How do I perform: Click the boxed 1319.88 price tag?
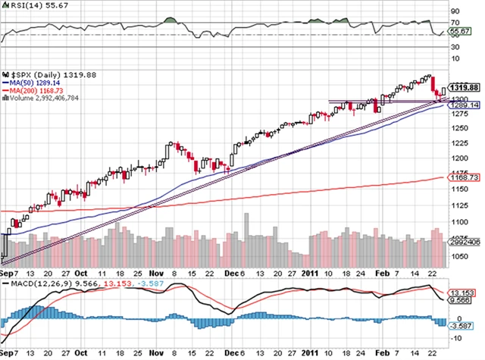465,87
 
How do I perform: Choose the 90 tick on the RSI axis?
455,12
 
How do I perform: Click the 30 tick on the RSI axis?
455,47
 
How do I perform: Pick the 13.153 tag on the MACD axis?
462,293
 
